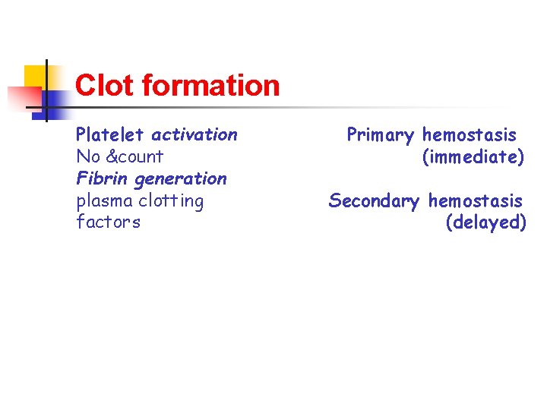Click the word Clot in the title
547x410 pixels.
(x=105, y=85)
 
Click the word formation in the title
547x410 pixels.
(x=210, y=85)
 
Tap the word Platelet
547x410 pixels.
(x=109, y=135)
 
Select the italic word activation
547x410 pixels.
(x=194, y=135)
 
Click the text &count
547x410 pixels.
(x=134, y=157)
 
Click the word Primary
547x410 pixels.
(x=381, y=136)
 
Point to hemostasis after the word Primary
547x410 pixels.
(x=470, y=135)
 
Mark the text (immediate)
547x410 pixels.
(x=473, y=158)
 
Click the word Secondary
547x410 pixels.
(x=374, y=201)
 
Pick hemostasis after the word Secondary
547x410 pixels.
(x=476, y=201)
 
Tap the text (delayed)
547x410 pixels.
(x=485, y=223)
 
